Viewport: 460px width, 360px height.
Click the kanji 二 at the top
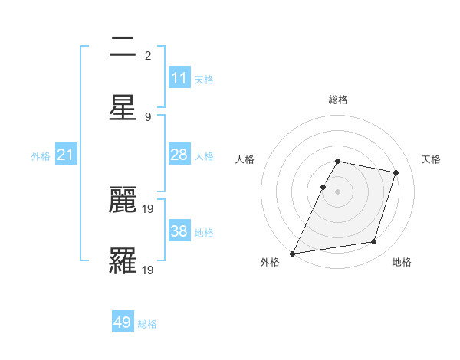click(x=123, y=48)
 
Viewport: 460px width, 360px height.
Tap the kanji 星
click(x=123, y=106)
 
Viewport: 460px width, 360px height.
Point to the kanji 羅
click(x=123, y=260)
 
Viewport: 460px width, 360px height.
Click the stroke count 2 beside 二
click(x=148, y=56)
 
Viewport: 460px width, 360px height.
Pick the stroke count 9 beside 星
click(x=148, y=116)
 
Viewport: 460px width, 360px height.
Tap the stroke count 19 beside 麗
click(x=149, y=208)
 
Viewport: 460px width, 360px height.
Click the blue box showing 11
click(x=179, y=78)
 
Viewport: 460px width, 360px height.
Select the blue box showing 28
click(x=179, y=155)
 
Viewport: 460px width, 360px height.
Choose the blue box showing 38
click(x=179, y=231)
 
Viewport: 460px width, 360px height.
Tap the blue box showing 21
click(x=66, y=155)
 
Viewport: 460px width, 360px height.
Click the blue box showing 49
click(x=123, y=322)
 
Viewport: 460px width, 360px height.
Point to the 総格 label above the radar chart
click(x=337, y=100)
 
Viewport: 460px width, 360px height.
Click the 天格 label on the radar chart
click(x=431, y=159)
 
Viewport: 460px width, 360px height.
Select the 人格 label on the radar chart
click(x=245, y=159)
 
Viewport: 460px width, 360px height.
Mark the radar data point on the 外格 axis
click(x=292, y=254)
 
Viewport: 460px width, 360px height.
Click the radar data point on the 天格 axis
click(x=396, y=172)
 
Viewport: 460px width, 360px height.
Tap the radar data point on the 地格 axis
click(x=374, y=242)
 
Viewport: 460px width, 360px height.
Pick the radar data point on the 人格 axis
click(x=323, y=187)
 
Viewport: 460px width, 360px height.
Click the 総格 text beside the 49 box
click(x=147, y=324)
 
